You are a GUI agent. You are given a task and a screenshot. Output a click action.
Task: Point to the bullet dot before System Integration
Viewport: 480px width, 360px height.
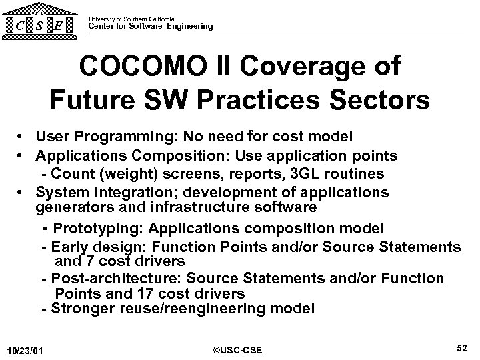click(22, 193)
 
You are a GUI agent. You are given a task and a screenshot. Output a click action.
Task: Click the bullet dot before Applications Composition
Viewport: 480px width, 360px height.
click(22, 155)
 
